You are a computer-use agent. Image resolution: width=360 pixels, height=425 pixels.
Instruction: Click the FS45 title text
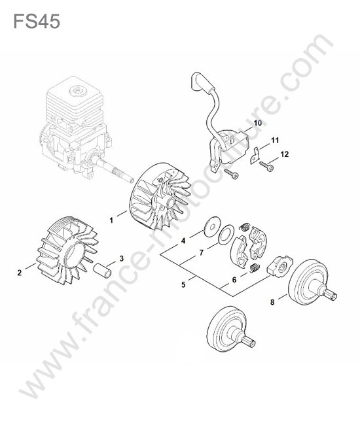[37, 22]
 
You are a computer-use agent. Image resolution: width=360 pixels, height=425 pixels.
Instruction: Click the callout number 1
[111, 220]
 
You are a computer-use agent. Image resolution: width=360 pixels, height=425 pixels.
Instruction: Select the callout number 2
[19, 273]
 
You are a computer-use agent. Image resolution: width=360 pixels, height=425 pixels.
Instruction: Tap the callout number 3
[121, 258]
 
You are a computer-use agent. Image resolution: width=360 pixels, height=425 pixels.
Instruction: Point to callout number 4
[183, 241]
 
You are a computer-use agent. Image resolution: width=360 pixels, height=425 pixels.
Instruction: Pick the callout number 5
[184, 285]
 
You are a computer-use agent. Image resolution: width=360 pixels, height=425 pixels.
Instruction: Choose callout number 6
[234, 279]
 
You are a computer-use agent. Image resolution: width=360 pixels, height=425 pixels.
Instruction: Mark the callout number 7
[202, 252]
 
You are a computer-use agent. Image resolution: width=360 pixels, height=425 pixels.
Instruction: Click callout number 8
[272, 301]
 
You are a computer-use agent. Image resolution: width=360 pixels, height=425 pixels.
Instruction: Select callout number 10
[258, 123]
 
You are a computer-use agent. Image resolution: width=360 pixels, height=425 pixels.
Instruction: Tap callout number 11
[275, 140]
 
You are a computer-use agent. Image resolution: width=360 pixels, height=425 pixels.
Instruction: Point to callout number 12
[285, 154]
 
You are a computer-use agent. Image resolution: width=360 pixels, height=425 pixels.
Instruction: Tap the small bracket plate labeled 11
[255, 156]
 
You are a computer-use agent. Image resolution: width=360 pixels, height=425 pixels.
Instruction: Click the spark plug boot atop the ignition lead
[202, 82]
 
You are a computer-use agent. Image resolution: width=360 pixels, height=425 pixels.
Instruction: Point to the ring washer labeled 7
[226, 235]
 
